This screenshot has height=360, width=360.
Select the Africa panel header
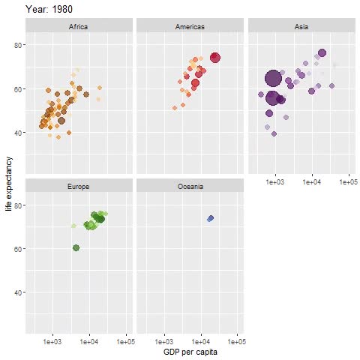(x=79, y=27)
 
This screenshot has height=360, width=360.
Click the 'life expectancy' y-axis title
(x=8, y=184)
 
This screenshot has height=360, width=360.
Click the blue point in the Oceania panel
(x=211, y=218)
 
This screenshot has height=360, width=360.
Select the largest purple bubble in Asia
(x=273, y=78)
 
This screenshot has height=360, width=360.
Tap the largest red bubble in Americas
(x=215, y=58)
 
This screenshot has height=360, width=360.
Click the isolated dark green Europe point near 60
(x=76, y=247)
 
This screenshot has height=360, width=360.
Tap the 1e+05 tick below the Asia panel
(x=348, y=181)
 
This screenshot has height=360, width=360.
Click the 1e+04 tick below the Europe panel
(x=89, y=341)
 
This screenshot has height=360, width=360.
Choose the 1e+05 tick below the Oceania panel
(x=237, y=341)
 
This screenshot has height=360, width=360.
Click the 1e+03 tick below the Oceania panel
(x=163, y=341)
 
